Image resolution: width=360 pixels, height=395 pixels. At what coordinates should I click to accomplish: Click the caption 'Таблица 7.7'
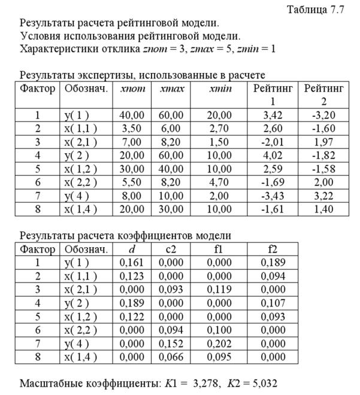[316, 10]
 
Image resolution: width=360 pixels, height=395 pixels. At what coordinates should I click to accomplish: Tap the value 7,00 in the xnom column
[131, 142]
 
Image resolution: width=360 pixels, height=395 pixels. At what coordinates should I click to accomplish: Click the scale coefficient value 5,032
[265, 383]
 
